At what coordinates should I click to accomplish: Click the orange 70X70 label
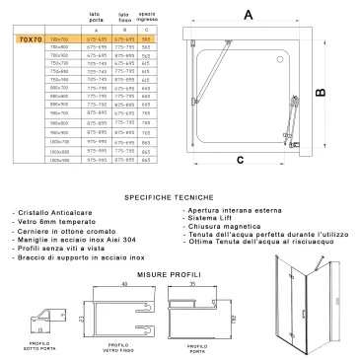29,38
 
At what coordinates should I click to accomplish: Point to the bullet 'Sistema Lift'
209,218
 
